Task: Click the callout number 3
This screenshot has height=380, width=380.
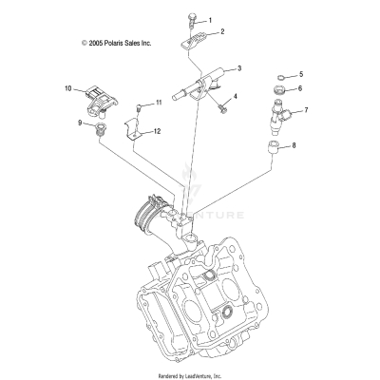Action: tap(238, 68)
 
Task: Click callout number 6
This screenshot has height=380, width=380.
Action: tap(300, 88)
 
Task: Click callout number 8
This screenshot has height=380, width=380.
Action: tap(293, 146)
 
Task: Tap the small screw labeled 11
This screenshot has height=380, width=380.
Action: tap(141, 103)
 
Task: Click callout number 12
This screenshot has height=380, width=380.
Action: tap(157, 131)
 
